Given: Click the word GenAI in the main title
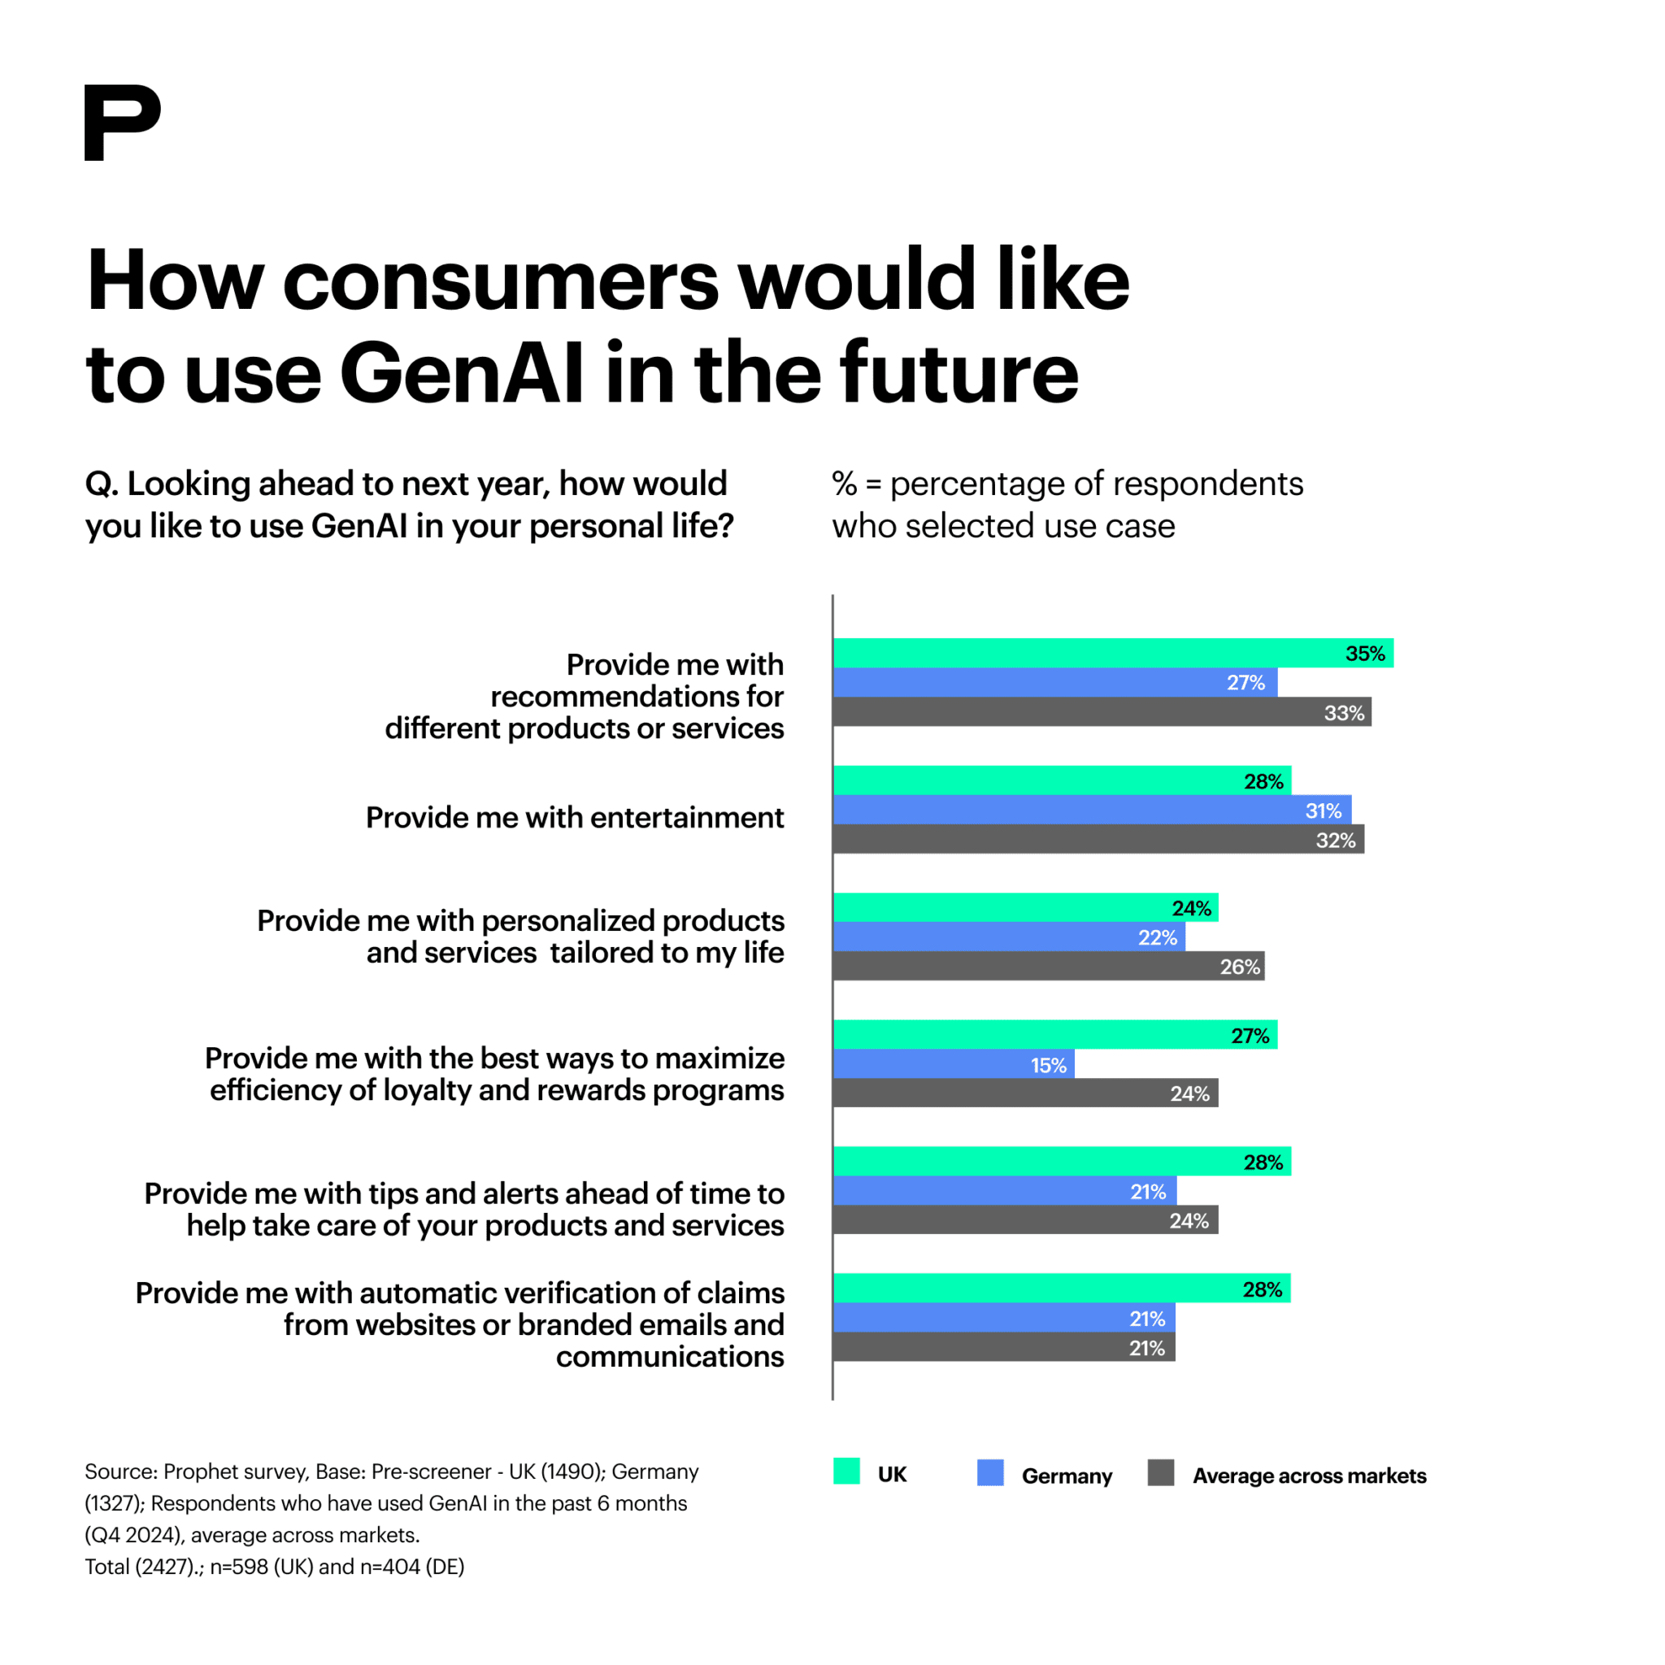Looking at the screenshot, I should (462, 372).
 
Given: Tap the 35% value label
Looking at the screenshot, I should (1364, 654).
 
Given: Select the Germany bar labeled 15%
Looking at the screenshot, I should (952, 1064).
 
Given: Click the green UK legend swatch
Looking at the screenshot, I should (846, 1471).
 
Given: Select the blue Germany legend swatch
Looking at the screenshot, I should (990, 1473).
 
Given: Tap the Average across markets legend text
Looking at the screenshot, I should (1309, 1476).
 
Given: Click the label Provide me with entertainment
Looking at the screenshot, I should (575, 817).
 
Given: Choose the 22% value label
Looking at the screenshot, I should (1157, 937).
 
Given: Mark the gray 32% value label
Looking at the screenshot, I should (1335, 841).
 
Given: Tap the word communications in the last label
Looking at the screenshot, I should (670, 1357).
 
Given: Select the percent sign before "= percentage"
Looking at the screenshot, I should (844, 484).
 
